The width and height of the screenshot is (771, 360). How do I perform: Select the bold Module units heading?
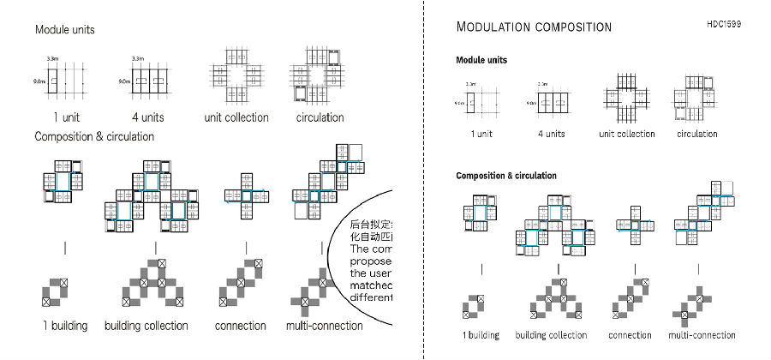coord(481,61)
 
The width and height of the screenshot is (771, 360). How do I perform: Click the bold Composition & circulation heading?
coord(505,176)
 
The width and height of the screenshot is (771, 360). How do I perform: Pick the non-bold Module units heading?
coord(64,30)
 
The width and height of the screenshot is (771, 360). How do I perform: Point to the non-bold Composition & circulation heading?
coord(93,136)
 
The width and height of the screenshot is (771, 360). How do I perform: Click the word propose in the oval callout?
coord(371,261)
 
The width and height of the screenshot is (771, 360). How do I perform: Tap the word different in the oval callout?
coord(371,297)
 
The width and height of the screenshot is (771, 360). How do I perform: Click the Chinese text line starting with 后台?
coord(371,225)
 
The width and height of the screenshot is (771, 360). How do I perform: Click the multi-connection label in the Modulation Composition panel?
coord(702,335)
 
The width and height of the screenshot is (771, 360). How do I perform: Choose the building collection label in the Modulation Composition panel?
coord(551,335)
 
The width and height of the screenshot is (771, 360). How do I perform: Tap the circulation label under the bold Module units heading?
coord(696,134)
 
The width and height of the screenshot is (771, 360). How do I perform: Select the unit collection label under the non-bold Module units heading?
coord(236,117)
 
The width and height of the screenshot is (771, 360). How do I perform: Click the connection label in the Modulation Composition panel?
coord(630,335)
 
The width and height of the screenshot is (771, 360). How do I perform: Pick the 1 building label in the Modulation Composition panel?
coord(481,335)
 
